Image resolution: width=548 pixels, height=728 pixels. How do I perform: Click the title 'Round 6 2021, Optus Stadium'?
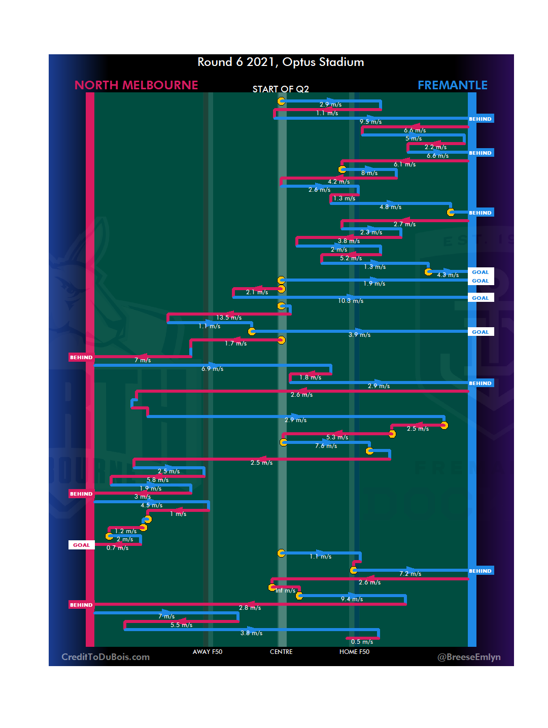coord(281,62)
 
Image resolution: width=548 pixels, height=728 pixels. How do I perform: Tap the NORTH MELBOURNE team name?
coord(136,85)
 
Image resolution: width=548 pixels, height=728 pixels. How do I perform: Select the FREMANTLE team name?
coord(452,85)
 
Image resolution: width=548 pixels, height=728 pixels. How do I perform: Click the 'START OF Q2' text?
coord(281,89)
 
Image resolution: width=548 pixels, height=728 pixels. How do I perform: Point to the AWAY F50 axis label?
coord(207,652)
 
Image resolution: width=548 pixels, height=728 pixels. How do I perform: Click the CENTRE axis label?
coord(281,652)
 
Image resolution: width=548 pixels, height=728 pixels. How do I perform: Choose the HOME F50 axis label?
coord(354,652)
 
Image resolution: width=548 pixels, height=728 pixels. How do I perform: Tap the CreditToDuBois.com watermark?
coord(106,657)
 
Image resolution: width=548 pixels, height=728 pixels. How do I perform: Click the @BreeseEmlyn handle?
coord(469,657)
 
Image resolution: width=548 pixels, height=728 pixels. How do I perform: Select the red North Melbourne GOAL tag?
coord(81,545)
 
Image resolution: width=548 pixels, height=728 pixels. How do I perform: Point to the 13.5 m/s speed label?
coord(229,318)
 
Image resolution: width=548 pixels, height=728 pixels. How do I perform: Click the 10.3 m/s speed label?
coord(351,301)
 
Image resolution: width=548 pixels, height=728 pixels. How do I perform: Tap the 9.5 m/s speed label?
coord(370,122)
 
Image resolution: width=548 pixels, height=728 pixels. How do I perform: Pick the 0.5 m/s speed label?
coord(362,642)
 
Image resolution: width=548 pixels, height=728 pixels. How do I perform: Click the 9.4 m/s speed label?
coord(352,599)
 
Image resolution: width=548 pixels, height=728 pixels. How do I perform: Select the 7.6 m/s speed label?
coord(326,446)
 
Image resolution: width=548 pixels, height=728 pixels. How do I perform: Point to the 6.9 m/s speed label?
coord(212,369)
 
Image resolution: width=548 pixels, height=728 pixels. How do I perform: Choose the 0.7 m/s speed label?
coord(117,548)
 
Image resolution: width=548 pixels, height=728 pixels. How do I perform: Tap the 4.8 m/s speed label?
coord(390,207)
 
